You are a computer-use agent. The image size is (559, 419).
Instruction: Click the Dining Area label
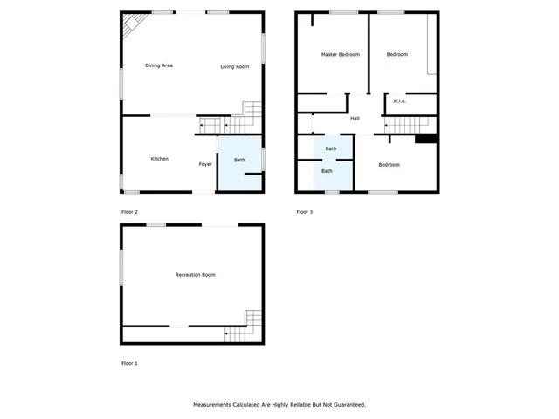coord(158,65)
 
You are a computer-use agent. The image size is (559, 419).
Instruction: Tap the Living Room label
coord(235,67)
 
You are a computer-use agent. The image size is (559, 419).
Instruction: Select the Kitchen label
coord(160,159)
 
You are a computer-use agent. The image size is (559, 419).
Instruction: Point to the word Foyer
coord(205,164)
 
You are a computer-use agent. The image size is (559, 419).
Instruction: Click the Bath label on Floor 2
coord(239,160)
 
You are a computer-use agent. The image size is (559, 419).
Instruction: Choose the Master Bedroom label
coord(341,55)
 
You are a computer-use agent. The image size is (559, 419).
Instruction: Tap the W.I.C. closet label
coord(400,101)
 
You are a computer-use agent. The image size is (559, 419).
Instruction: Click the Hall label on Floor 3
coord(355,119)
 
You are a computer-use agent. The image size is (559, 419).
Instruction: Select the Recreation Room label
coord(195,275)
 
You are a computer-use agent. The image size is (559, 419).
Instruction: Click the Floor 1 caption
coord(129,362)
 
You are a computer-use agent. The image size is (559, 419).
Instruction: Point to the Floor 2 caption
coord(129,212)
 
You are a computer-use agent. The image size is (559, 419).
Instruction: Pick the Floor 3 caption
coord(304,212)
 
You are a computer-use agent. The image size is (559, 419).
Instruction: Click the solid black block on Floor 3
coord(425,138)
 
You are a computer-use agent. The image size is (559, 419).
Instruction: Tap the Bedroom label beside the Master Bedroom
coord(397,55)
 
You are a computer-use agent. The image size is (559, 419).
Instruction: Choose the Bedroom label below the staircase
coord(390,165)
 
